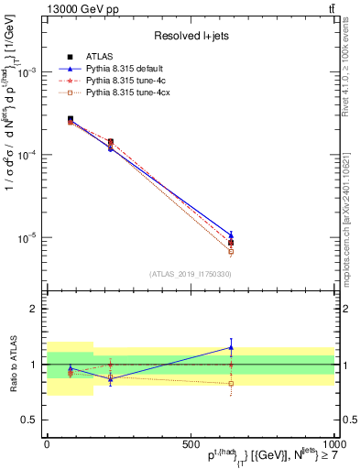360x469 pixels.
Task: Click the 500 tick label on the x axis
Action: coord(191,442)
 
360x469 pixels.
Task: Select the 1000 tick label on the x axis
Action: coord(333,442)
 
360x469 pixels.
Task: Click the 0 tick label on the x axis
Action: coord(47,442)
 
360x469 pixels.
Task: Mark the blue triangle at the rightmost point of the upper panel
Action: coord(231,234)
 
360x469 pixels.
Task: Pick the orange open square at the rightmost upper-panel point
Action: coord(231,251)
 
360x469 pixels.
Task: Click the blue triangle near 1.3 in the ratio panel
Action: coord(231,347)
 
